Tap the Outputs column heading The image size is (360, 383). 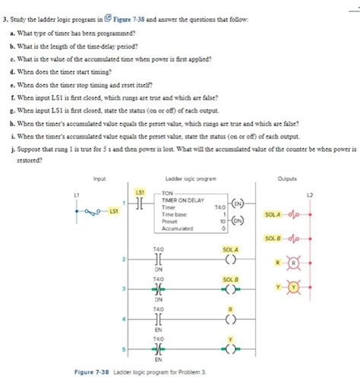(286, 157)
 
